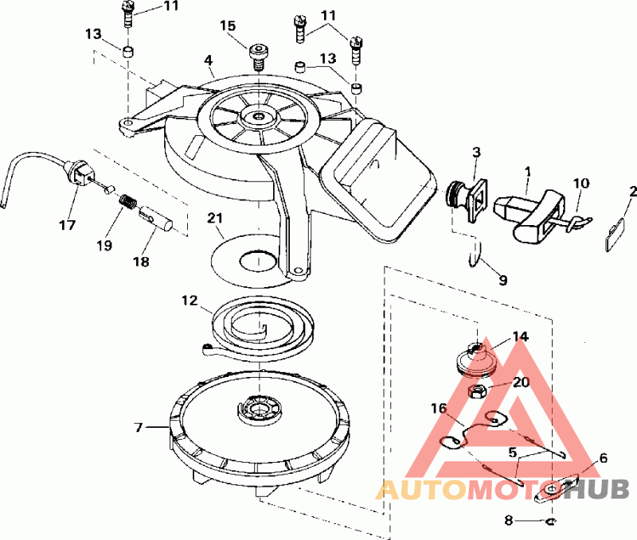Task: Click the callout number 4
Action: click(208, 60)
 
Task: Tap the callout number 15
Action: click(229, 26)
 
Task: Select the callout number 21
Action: click(216, 218)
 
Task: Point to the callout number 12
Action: click(189, 301)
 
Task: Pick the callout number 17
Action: click(68, 225)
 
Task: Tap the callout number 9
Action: click(502, 280)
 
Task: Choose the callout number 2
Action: click(632, 192)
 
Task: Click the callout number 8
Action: click(509, 521)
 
